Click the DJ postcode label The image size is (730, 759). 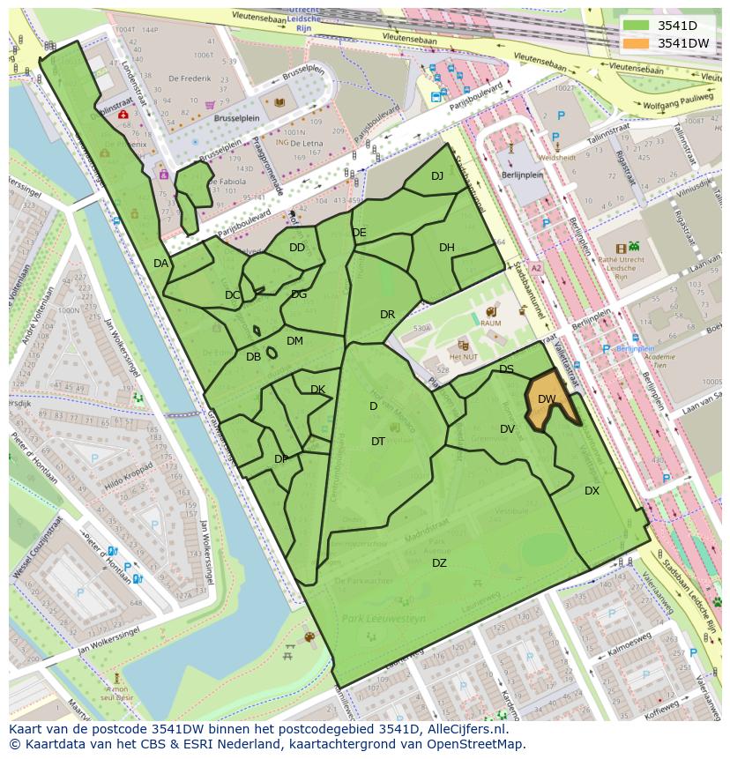pyautogui.click(x=437, y=176)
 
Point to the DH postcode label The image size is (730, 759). pyautogui.click(x=447, y=248)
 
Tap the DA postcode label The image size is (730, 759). pyautogui.click(x=160, y=264)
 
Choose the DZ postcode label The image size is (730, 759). pyautogui.click(x=439, y=563)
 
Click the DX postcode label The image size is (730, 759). pyautogui.click(x=592, y=491)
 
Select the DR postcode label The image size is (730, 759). pyautogui.click(x=387, y=315)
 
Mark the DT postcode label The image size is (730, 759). pyautogui.click(x=378, y=442)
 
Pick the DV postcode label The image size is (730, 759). pyautogui.click(x=507, y=429)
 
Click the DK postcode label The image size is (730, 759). pyautogui.click(x=317, y=390)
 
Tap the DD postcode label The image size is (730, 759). pyautogui.click(x=297, y=248)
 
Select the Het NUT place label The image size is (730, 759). pyautogui.click(x=464, y=358)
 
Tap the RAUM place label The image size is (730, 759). pyautogui.click(x=491, y=324)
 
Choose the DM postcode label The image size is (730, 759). pyautogui.click(x=294, y=341)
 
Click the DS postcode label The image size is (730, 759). pyautogui.click(x=506, y=369)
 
